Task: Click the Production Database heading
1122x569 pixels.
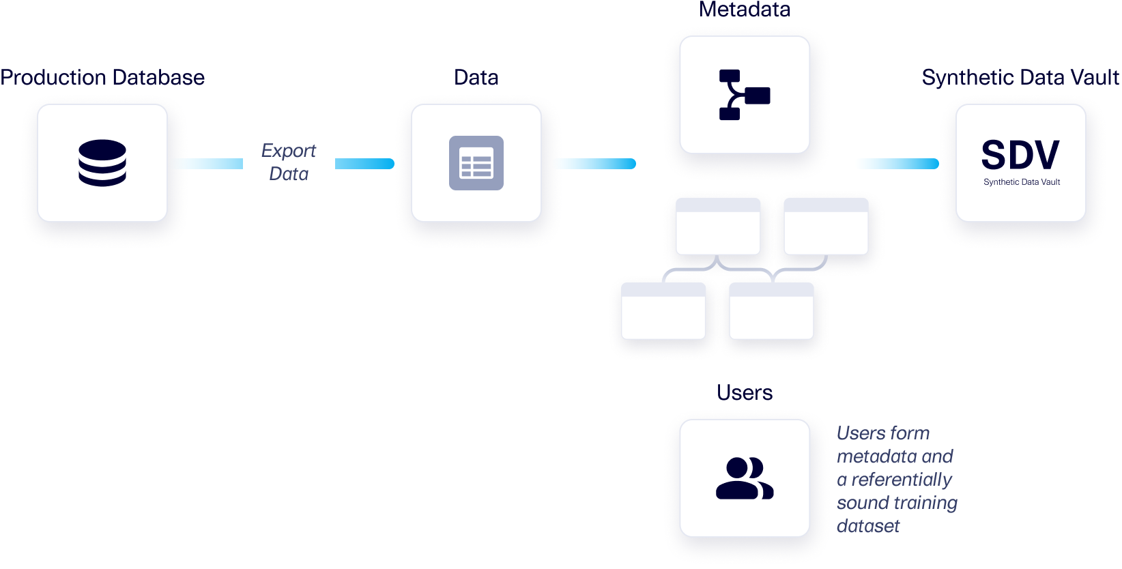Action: pos(102,78)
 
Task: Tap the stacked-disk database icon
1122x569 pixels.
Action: pos(102,163)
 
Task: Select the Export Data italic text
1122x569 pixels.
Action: pos(289,162)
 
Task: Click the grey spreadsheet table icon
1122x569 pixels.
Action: pos(476,163)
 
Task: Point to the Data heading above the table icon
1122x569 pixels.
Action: pos(476,78)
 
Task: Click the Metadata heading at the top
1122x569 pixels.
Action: pos(745,10)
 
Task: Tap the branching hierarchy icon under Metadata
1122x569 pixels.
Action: pos(745,95)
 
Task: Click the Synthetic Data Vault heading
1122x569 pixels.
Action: pos(1020,78)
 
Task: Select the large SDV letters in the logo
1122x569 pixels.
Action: pos(1020,156)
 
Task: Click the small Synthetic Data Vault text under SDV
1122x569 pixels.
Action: pos(1022,182)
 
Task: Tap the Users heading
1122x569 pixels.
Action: pos(745,393)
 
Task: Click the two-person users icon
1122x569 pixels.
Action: pos(745,478)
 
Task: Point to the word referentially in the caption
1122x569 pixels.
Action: pos(902,480)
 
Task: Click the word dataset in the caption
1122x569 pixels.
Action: pos(868,526)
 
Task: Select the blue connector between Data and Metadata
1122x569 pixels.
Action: pos(598,164)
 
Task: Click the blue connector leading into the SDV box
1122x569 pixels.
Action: pos(900,164)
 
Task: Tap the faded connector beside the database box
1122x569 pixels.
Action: pos(208,164)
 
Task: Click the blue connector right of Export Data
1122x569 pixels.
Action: pos(364,164)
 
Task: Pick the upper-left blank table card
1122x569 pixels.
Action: pos(718,227)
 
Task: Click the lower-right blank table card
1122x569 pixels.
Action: pos(771,311)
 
